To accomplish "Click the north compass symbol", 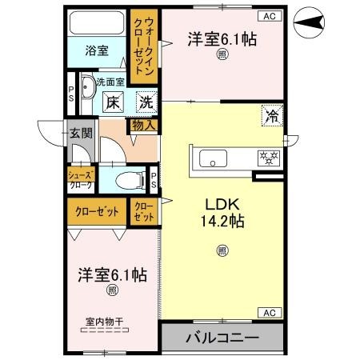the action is point(309,22).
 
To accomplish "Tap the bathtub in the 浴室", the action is point(97,22).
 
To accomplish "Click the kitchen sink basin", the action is point(213,158).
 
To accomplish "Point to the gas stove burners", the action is point(269,158).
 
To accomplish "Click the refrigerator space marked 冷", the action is point(272,116).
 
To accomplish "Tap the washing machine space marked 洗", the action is point(146,102).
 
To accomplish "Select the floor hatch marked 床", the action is point(113,102).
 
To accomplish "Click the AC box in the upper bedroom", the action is point(270,16).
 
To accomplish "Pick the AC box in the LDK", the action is point(270,313).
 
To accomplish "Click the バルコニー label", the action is point(222,338).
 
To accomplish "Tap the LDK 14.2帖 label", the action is point(222,213).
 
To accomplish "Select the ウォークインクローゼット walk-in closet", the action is point(144,46).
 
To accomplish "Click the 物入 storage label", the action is point(144,126).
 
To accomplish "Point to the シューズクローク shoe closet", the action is point(81,179).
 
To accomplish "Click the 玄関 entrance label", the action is point(81,134).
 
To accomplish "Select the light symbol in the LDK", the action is point(222,250).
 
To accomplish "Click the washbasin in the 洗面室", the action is point(87,86).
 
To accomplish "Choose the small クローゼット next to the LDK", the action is point(144,212).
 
